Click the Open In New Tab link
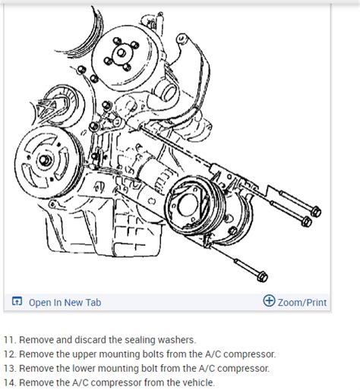coord(64,302)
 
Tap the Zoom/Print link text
coord(302,302)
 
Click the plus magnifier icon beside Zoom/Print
coord(269,301)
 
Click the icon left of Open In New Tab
coord(17,302)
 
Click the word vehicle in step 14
coord(196,382)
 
